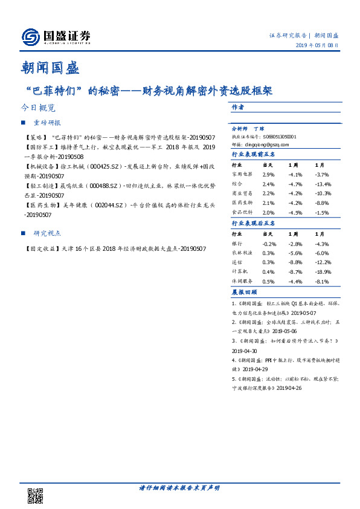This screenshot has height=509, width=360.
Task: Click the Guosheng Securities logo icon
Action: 31,37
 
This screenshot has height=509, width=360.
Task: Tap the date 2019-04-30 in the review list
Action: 244,351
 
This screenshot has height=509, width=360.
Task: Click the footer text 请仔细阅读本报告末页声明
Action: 179,488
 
